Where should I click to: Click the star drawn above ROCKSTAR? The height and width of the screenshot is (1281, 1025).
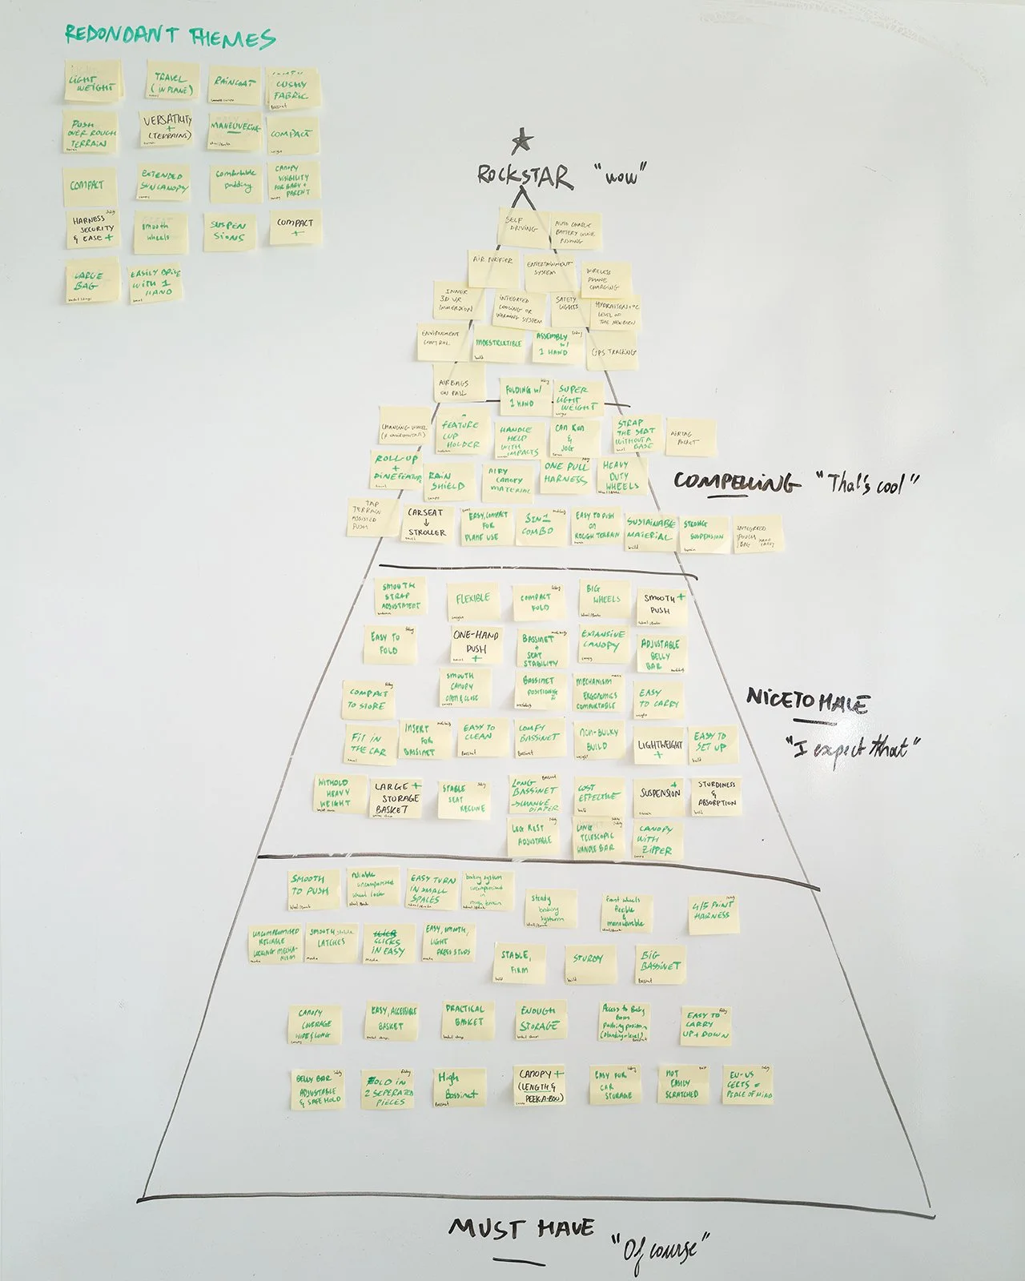point(522,142)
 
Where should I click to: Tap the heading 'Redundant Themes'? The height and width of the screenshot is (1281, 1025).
point(170,36)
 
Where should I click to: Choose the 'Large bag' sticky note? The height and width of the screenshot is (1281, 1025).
point(90,282)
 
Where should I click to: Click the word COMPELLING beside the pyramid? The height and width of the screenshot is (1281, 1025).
point(736,482)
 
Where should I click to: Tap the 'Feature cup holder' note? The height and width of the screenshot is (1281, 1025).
point(460,435)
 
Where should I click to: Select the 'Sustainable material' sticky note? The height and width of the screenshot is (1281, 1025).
point(650,529)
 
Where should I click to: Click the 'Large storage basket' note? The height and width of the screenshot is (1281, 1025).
point(396,798)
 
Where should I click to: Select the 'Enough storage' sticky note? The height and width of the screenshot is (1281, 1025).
point(539,1021)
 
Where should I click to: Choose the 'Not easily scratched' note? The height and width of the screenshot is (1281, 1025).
point(681,1085)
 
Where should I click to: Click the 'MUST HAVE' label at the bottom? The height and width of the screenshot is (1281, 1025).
point(521,1229)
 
